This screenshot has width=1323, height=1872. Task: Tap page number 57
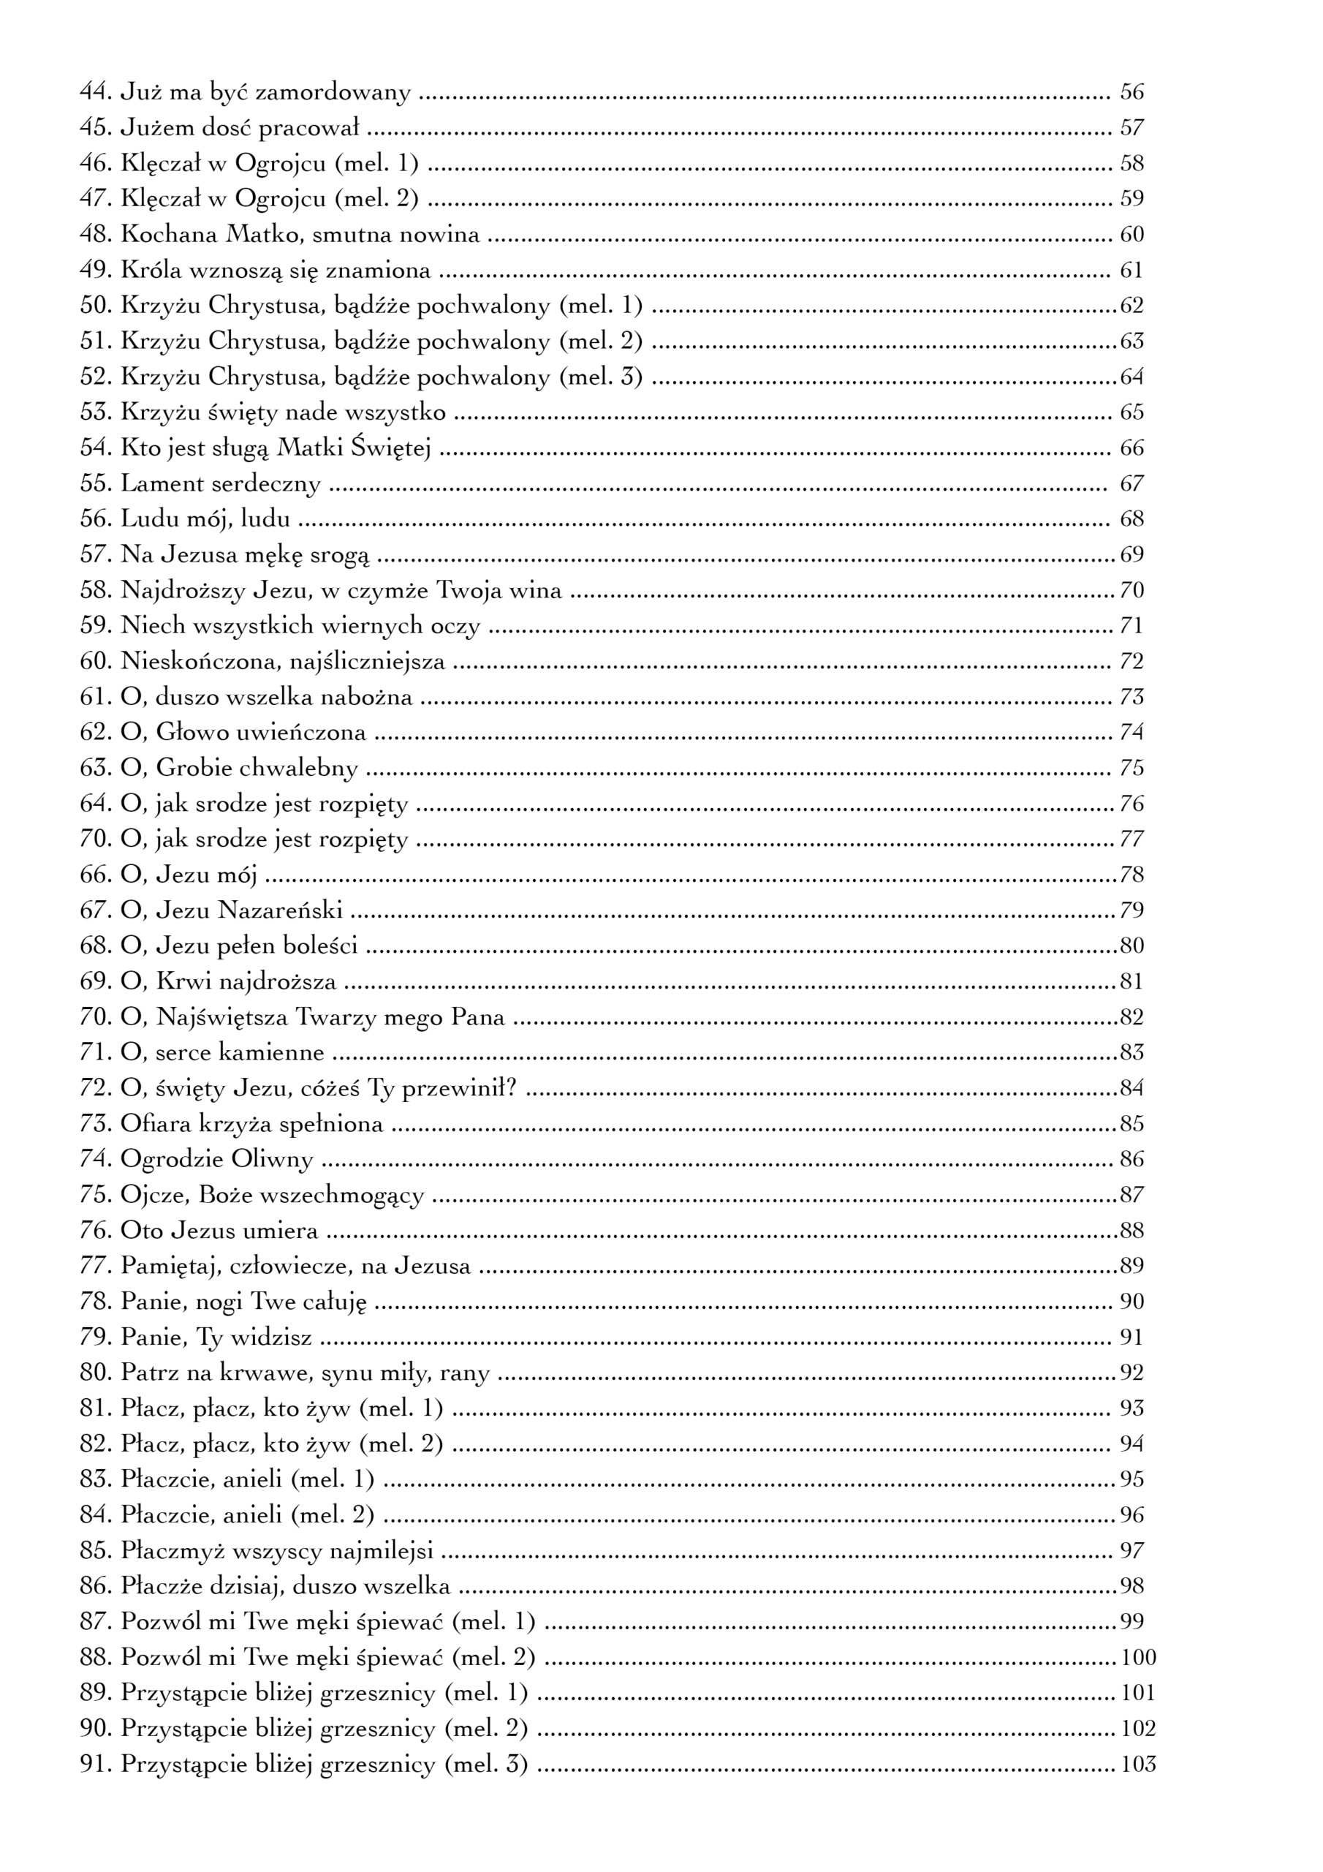coord(1131,128)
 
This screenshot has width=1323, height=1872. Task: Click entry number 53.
coord(95,412)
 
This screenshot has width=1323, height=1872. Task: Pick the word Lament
coord(162,483)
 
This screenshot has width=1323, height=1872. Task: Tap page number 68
coord(1131,519)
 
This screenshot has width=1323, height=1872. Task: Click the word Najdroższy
coord(180,590)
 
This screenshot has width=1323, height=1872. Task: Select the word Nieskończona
coord(192,661)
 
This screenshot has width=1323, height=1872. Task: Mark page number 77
coord(1131,839)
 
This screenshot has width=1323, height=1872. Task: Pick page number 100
coord(1138,1658)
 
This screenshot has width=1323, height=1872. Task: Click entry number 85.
coord(95,1550)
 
